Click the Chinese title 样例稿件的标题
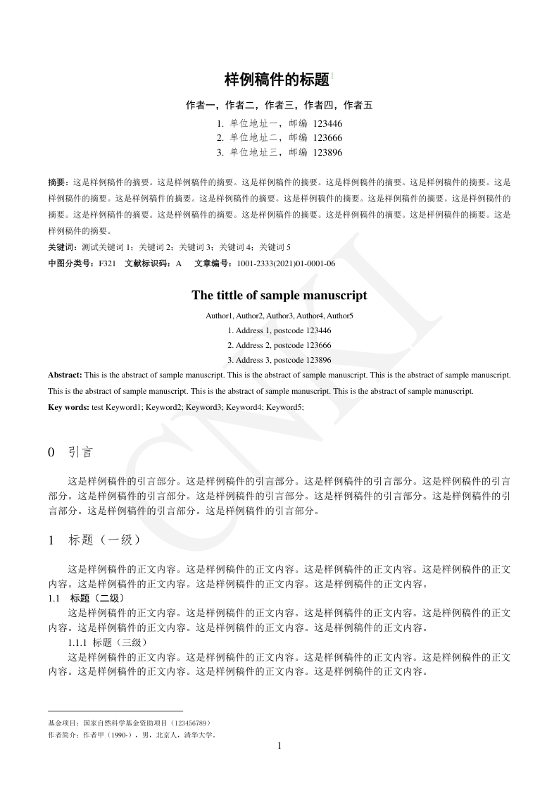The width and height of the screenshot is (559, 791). pyautogui.click(x=277, y=80)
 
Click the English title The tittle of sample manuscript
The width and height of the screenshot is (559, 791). pyautogui.click(x=279, y=295)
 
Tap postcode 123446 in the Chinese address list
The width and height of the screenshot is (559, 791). pyautogui.click(x=327, y=123)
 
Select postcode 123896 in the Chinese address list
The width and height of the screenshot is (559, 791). pyautogui.click(x=327, y=152)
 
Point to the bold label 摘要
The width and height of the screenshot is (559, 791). pyautogui.click(x=58, y=181)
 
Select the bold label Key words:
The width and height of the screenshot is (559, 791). pyautogui.click(x=69, y=407)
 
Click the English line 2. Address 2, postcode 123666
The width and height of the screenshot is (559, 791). pyautogui.click(x=279, y=345)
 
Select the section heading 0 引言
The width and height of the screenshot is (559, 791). pyautogui.click(x=70, y=452)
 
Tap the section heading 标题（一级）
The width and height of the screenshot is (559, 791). pyautogui.click(x=106, y=540)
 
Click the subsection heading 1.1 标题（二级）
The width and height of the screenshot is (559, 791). pyautogui.click(x=87, y=598)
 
